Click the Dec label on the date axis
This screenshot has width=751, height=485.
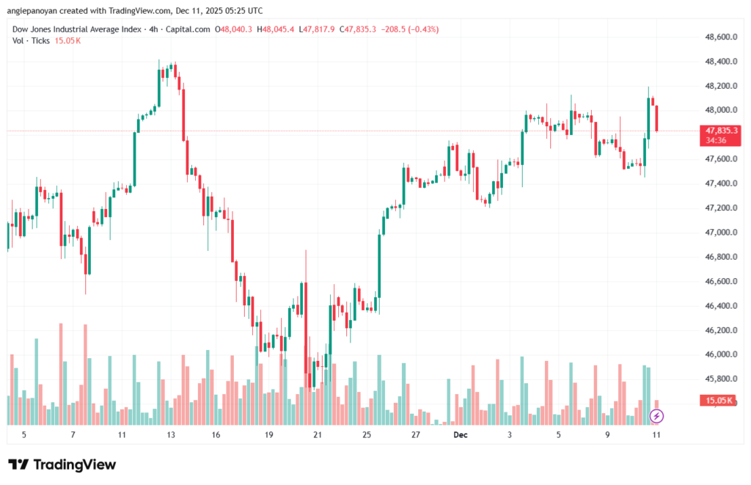460,435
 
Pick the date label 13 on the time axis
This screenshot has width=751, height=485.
171,435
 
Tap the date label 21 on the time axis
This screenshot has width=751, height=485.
318,435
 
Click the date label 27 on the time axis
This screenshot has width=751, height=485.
415,435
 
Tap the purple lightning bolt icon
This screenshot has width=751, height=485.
657,416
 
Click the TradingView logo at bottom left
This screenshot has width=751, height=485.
62,464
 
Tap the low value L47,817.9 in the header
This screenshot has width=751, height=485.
318,29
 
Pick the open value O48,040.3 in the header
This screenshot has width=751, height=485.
233,29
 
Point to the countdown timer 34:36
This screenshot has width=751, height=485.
716,139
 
